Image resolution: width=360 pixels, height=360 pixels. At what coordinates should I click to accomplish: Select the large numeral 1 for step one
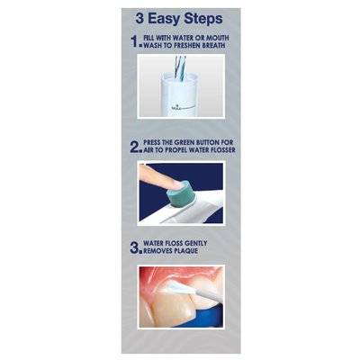coord(133,40)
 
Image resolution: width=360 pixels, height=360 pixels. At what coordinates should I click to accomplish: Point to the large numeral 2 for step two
coord(134,146)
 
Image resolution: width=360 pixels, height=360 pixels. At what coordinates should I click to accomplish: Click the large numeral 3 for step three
coord(134,248)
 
